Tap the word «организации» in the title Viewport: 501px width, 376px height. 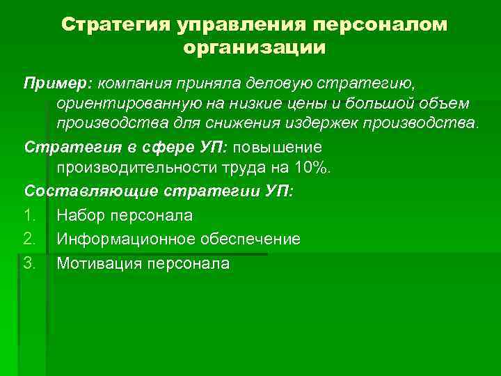pyautogui.click(x=254, y=48)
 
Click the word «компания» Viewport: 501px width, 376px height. pyautogui.click(x=136, y=84)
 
